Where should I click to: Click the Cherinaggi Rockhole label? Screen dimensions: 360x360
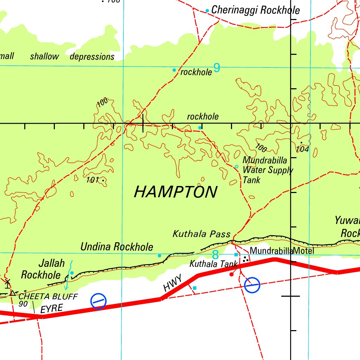pos(256,10)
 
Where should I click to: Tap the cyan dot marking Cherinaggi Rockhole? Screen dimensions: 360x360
pos(207,11)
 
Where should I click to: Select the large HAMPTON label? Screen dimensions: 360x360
pos(176,192)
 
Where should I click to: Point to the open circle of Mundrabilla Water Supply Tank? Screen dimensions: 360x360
pos(237,166)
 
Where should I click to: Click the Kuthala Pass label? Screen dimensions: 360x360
pos(201,234)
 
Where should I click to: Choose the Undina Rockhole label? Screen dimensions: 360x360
pos(117,247)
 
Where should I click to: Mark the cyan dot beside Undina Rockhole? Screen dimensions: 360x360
pos(159,256)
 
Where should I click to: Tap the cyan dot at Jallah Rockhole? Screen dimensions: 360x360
pos(72,273)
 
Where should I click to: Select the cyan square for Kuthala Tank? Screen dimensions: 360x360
pos(236,254)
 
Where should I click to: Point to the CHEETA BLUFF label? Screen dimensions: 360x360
pos(48,296)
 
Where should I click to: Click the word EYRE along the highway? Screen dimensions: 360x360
pos(51,309)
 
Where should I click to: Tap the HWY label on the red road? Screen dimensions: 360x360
pos(173,284)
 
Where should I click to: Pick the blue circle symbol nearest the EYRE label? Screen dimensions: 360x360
pos(98,301)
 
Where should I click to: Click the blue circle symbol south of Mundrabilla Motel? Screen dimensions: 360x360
pos(252,285)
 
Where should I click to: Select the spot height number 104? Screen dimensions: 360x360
pos(302,149)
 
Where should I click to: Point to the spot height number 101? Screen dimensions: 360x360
pos(92,180)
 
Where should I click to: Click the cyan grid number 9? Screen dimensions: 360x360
pos(217,67)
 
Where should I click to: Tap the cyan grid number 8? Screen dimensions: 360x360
pos(216,255)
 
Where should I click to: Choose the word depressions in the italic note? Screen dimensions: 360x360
pos(92,57)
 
